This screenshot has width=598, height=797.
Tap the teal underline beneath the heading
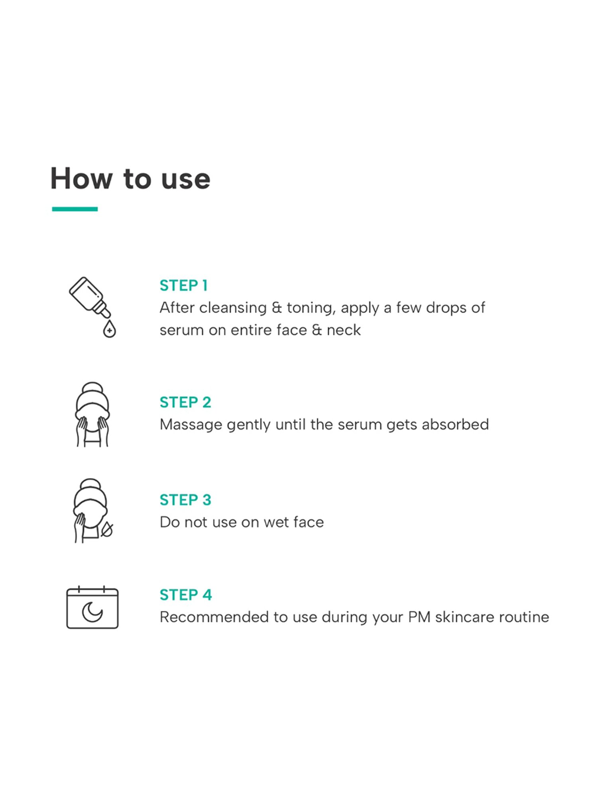pos(75,209)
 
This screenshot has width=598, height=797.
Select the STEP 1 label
pos(184,285)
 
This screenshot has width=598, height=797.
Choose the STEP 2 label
pos(185,402)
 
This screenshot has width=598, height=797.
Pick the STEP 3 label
pos(185,500)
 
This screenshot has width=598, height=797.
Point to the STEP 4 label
pos(186,595)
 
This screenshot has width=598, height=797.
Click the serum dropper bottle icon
pos(89,297)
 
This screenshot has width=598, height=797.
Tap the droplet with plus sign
pos(109,329)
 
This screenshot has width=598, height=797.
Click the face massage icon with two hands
pos(92,414)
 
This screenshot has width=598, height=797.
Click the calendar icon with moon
pos(92,607)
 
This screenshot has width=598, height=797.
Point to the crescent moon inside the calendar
pos(92,612)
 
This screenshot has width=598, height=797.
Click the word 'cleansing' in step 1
pos(233,308)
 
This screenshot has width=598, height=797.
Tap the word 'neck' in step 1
pos(344,330)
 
